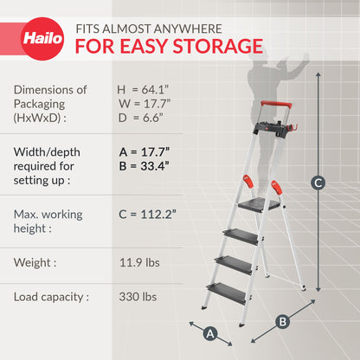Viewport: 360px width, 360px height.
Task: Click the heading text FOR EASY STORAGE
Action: pos(170,45)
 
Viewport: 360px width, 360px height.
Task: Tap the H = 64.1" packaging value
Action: pos(145,89)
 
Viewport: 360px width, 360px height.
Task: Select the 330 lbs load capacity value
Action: pos(139,297)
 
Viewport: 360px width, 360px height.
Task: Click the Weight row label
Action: pos(35,260)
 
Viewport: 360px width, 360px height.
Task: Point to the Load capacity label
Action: pos(51,297)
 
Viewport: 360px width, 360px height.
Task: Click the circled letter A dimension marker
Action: pos(209,332)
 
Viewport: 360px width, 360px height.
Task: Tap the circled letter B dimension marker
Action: pos(282,321)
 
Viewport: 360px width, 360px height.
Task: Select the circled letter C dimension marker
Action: pos(318,183)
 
